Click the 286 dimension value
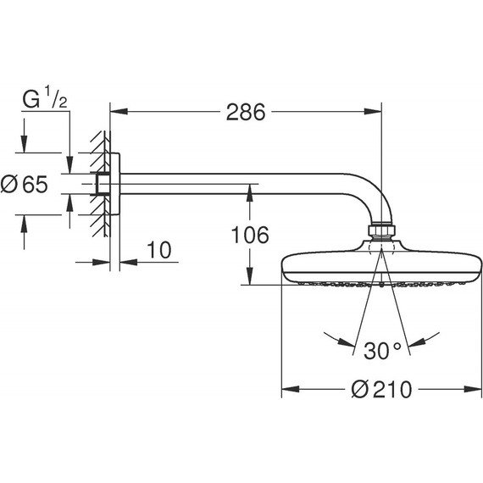(246, 111)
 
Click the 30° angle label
(381, 348)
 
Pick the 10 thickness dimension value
(159, 249)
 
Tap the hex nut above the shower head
(381, 231)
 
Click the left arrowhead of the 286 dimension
(115, 110)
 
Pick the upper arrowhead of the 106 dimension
(249, 189)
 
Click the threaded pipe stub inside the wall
(102, 183)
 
